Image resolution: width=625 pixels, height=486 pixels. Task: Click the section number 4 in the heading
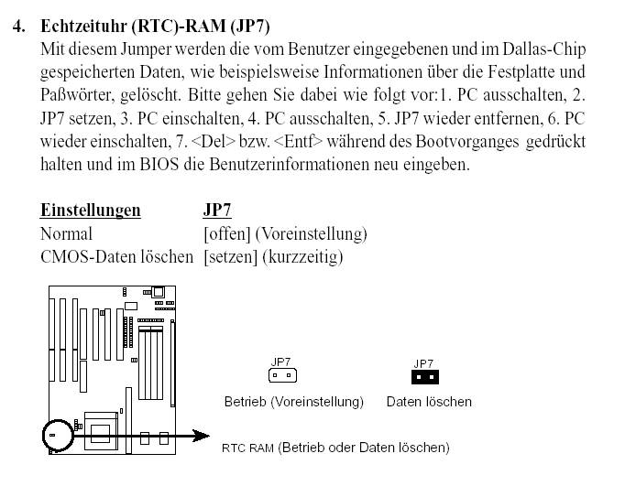tap(18, 27)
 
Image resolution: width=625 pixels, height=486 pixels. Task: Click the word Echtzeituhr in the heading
tap(86, 27)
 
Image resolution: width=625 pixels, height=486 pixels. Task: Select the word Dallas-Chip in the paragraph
tap(544, 49)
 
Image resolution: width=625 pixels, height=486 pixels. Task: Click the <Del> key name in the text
tap(214, 141)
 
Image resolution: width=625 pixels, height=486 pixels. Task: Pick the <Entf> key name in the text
tap(298, 141)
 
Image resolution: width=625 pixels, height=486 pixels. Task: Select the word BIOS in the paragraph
tap(159, 165)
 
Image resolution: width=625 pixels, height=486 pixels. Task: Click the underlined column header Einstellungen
tap(91, 211)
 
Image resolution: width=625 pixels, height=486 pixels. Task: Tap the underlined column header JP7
tap(217, 211)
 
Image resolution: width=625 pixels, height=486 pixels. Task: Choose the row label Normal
tap(66, 233)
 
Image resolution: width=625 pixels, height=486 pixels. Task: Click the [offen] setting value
tap(226, 233)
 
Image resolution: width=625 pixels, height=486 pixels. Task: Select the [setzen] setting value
tap(230, 257)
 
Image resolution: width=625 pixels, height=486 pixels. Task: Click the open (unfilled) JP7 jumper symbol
tap(282, 375)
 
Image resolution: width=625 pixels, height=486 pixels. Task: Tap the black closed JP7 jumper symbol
tap(425, 376)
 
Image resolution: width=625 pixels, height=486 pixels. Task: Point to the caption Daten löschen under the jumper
tap(429, 402)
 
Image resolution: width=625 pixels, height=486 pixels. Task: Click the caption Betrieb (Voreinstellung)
tap(294, 402)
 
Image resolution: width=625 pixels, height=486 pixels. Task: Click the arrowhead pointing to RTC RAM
tap(201, 436)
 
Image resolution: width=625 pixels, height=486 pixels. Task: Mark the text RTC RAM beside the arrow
tap(247, 448)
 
